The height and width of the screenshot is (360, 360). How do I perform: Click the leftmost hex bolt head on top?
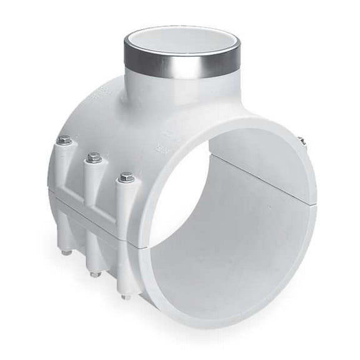(x=64, y=141)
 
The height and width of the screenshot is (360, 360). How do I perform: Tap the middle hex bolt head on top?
(x=94, y=157)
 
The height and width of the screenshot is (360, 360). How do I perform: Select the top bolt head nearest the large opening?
(x=127, y=177)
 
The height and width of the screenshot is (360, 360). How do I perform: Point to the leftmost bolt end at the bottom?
(x=66, y=252)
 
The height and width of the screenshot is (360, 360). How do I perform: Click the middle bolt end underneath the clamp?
(x=94, y=274)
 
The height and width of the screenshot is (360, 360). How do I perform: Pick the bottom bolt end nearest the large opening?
(x=126, y=296)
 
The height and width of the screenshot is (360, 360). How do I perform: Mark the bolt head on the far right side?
(x=301, y=141)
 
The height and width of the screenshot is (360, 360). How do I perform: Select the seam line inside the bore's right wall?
(x=262, y=166)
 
